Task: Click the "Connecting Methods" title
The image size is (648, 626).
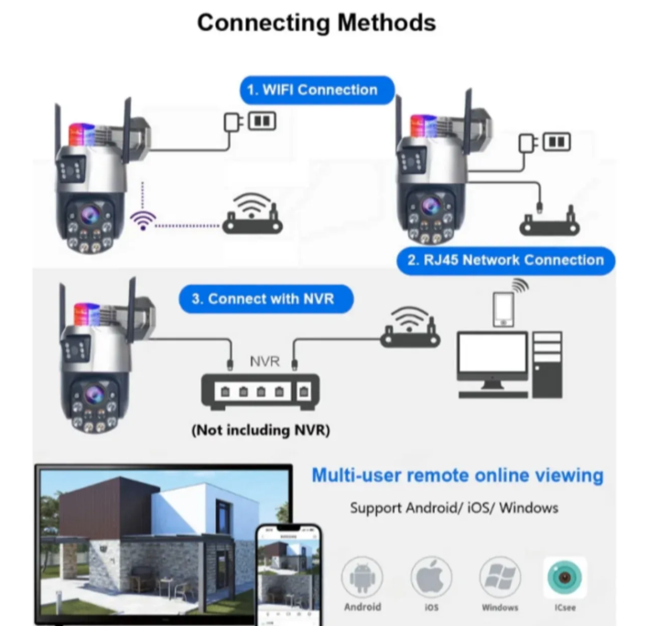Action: pyautogui.click(x=317, y=22)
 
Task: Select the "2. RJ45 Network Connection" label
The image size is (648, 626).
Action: pyautogui.click(x=506, y=260)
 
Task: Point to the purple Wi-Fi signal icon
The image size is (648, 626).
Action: pyautogui.click(x=143, y=220)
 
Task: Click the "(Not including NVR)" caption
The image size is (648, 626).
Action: pyautogui.click(x=261, y=429)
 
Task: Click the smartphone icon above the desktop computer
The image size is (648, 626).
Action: pyautogui.click(x=502, y=308)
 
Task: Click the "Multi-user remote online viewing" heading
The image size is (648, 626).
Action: pyautogui.click(x=458, y=475)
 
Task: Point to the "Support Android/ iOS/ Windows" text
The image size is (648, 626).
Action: pyautogui.click(x=454, y=507)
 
